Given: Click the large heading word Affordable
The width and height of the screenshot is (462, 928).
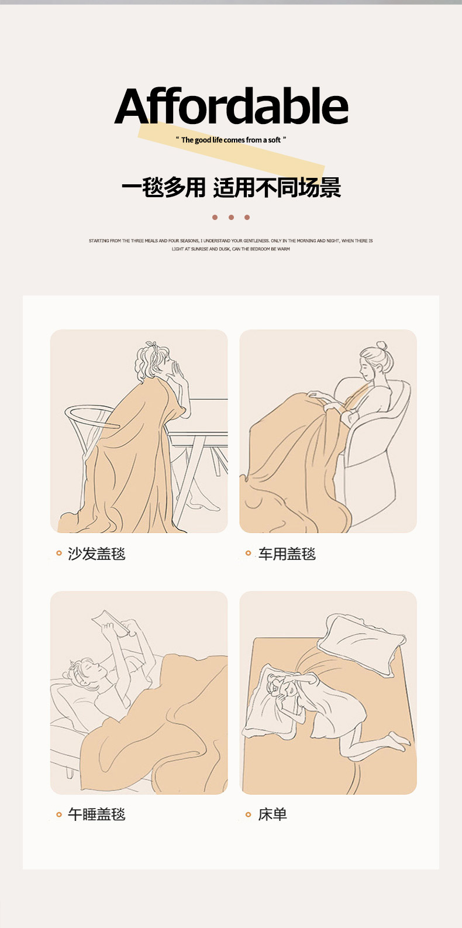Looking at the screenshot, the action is coord(231,105).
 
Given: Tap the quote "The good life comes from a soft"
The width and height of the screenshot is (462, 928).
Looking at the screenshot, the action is coord(231,140).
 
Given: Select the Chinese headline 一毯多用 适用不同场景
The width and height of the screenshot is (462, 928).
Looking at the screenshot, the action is coord(231,187).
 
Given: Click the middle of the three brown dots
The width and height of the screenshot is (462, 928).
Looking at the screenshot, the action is coord(231,218).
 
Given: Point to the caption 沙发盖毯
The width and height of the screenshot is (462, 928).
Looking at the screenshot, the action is coord(96,554).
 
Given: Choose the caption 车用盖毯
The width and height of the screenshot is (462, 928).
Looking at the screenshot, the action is coord(287,554).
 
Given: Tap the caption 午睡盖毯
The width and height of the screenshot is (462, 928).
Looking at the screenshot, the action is coord(96,814).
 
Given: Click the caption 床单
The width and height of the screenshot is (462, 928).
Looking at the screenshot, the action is coord(273,814).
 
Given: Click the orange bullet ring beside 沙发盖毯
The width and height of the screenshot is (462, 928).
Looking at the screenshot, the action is coord(59,553).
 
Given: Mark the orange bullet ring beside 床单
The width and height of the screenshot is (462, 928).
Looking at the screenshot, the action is coord(249,814).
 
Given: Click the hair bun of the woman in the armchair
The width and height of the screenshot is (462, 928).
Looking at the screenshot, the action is coord(382,346).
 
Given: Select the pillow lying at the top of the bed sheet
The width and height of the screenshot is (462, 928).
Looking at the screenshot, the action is coord(361,647).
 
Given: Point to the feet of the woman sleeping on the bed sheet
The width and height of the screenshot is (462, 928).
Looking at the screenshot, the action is coord(398,741).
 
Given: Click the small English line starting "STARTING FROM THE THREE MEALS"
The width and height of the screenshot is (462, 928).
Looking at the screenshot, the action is coord(231,245).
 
